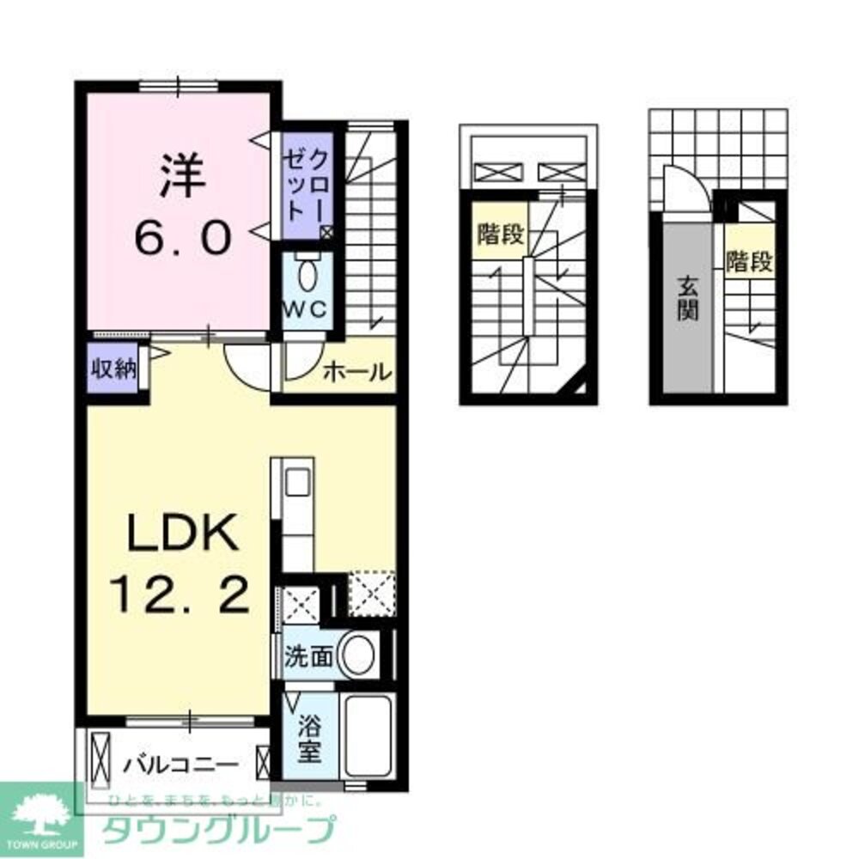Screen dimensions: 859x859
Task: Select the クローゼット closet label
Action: tap(307, 186)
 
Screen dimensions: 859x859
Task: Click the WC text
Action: tap(305, 310)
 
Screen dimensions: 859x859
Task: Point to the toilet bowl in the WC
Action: tap(306, 276)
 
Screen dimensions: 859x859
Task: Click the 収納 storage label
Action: tap(115, 369)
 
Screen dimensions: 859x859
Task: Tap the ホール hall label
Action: tap(358, 372)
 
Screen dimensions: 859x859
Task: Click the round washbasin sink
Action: tap(357, 655)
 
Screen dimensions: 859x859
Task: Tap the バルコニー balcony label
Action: tap(179, 762)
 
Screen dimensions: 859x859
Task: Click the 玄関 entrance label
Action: tap(685, 297)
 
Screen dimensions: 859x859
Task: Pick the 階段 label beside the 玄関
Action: tap(748, 261)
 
